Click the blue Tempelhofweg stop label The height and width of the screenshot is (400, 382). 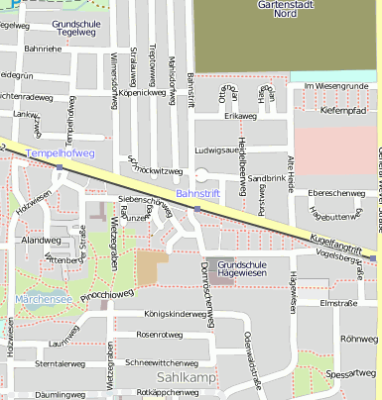tap(61, 153)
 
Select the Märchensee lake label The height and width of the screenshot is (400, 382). tap(42, 299)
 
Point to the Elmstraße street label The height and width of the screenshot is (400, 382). tap(338, 304)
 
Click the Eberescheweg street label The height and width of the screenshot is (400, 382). tap(337, 193)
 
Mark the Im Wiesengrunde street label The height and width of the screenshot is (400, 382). tap(336, 86)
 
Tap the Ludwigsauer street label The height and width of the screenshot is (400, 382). tap(221, 150)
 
